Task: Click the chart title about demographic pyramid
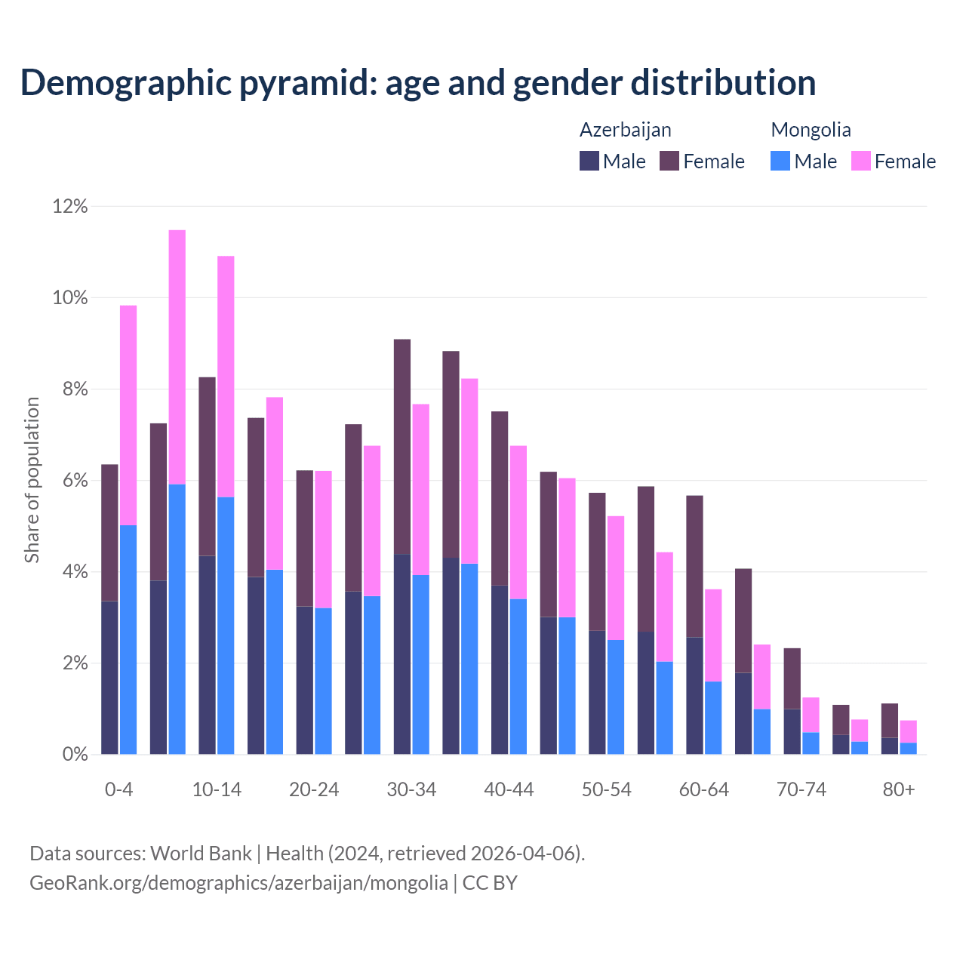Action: (x=418, y=83)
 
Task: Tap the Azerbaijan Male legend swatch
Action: (x=589, y=161)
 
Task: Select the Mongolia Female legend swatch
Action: (x=860, y=161)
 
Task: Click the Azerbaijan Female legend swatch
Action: (x=669, y=161)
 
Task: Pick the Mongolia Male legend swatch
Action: (x=780, y=161)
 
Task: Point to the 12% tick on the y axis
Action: (x=70, y=206)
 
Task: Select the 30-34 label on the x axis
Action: (x=411, y=790)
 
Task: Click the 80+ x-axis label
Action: (x=899, y=790)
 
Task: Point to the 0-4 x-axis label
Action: (x=119, y=790)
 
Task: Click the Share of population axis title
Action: (x=32, y=480)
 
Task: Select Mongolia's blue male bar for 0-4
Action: (x=128, y=640)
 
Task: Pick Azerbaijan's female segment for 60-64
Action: (x=694, y=566)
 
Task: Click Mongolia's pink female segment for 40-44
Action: (x=518, y=522)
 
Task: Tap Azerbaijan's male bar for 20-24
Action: (x=305, y=680)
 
